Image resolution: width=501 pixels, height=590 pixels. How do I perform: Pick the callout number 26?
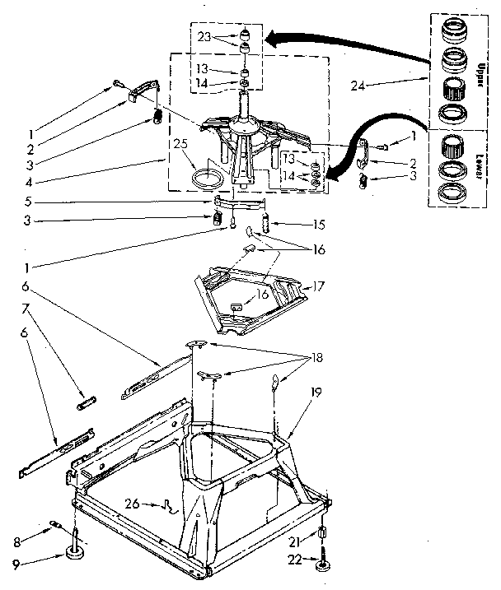point(153,504)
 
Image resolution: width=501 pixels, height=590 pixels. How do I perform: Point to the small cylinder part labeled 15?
point(266,223)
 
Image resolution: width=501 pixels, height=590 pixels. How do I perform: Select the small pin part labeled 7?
point(87,403)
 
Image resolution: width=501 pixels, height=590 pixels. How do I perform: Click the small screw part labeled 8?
point(57,523)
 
